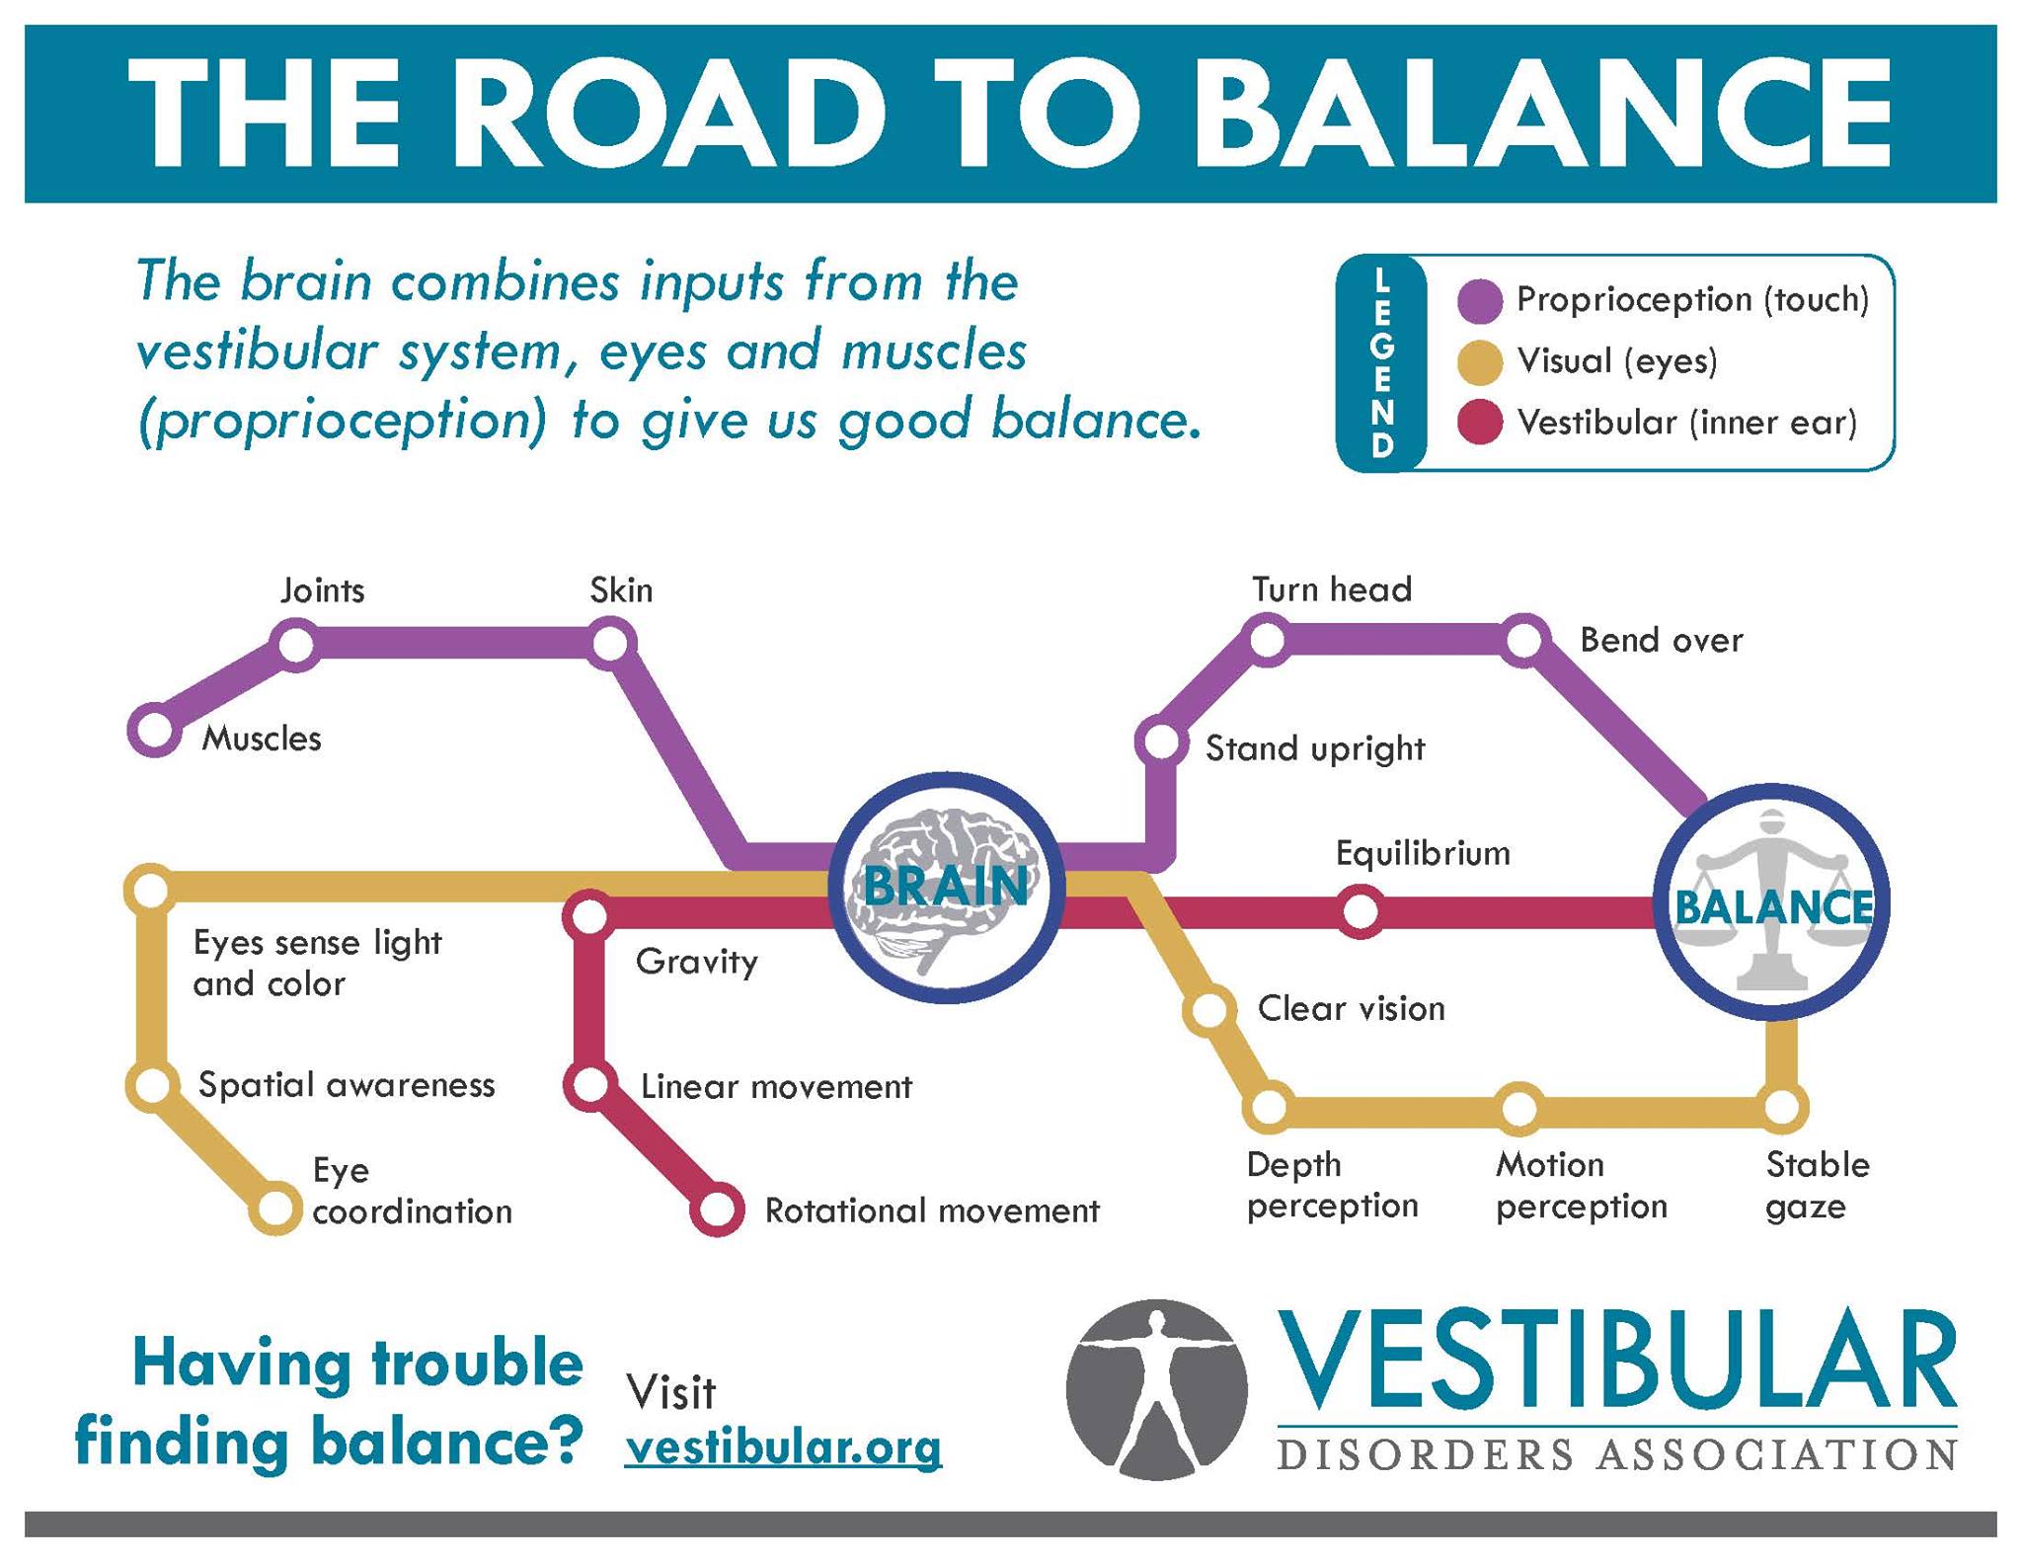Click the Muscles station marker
(x=155, y=732)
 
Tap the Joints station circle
(x=296, y=645)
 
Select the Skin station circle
(x=610, y=645)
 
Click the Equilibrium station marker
(x=1361, y=911)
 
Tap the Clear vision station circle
(x=1209, y=1010)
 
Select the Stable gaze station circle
(x=1781, y=1108)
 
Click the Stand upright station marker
(x=1161, y=742)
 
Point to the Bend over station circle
(x=1524, y=640)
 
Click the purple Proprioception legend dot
(x=1480, y=300)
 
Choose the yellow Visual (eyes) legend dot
(x=1480, y=361)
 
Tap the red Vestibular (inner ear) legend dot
(x=1480, y=423)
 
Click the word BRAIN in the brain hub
(x=946, y=886)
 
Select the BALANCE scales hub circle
(x=1772, y=903)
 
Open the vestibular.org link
(x=784, y=1448)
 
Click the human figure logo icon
(x=1156, y=1388)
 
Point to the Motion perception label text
(x=1580, y=1185)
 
